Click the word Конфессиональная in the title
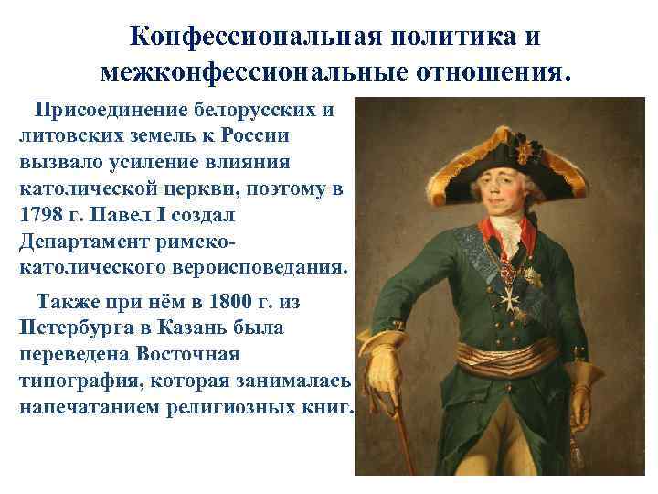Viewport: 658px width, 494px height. point(251,36)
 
